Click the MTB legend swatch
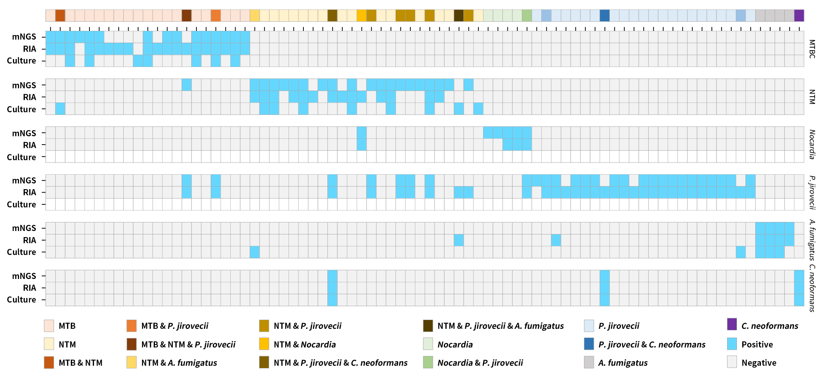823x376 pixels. point(49,326)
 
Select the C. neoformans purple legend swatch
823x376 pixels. point(732,324)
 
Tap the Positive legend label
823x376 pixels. point(757,344)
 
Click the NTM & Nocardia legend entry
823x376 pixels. point(305,344)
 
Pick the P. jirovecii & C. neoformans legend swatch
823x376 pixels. point(589,344)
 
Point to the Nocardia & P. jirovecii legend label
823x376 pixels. point(480,363)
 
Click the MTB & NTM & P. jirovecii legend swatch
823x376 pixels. point(131,344)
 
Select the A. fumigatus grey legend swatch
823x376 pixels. point(589,362)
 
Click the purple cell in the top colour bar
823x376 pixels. point(799,16)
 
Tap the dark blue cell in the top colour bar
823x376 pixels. point(604,16)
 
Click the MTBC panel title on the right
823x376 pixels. point(812,49)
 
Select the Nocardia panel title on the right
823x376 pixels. point(812,144)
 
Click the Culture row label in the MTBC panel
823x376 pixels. point(21,61)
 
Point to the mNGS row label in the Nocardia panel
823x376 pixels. point(24,133)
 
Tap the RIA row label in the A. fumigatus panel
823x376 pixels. point(29,240)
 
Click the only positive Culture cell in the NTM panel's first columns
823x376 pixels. point(60,109)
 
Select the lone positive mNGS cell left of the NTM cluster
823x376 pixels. point(187,85)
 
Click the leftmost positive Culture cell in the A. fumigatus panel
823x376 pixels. point(255,252)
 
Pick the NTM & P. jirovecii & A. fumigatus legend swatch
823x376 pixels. point(428,326)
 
